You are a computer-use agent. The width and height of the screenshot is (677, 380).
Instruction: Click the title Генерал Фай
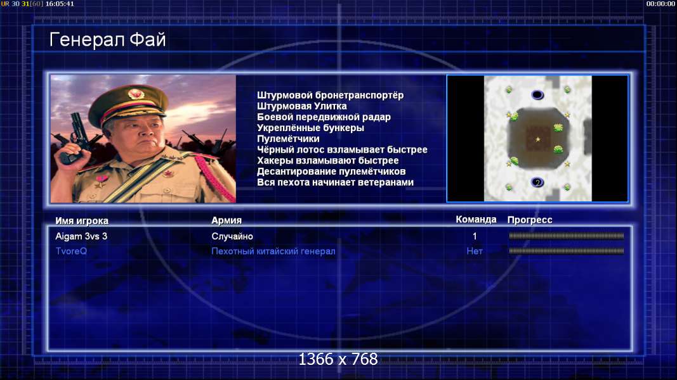click(107, 40)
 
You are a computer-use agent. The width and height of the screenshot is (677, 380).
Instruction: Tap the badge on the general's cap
click(136, 94)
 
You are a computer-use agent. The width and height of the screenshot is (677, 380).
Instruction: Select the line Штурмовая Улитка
click(302, 106)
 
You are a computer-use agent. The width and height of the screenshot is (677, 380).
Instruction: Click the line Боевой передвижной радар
click(324, 117)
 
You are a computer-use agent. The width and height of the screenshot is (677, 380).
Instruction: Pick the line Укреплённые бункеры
click(310, 128)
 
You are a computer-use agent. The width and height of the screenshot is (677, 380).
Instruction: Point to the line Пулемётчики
click(288, 139)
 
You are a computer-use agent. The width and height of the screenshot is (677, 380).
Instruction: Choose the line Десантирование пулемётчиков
click(331, 172)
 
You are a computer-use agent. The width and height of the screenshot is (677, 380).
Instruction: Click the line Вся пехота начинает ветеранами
click(335, 182)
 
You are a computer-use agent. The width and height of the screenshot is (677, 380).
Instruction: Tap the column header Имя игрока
click(82, 220)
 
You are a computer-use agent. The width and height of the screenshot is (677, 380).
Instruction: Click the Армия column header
click(227, 220)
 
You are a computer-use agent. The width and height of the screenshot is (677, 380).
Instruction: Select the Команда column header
click(476, 219)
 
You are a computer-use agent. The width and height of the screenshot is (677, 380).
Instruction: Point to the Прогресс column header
click(530, 220)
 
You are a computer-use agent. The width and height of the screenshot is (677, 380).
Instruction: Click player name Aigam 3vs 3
click(81, 236)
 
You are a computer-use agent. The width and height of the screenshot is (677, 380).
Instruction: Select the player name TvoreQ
click(71, 251)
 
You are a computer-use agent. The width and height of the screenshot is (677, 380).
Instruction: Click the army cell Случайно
click(232, 236)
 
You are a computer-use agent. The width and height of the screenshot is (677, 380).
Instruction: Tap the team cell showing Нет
click(475, 251)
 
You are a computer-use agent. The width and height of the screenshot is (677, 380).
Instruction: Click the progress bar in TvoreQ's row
click(566, 251)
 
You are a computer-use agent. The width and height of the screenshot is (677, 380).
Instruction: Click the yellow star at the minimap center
click(537, 139)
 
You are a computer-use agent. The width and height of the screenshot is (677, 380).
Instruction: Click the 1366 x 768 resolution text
click(338, 359)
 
